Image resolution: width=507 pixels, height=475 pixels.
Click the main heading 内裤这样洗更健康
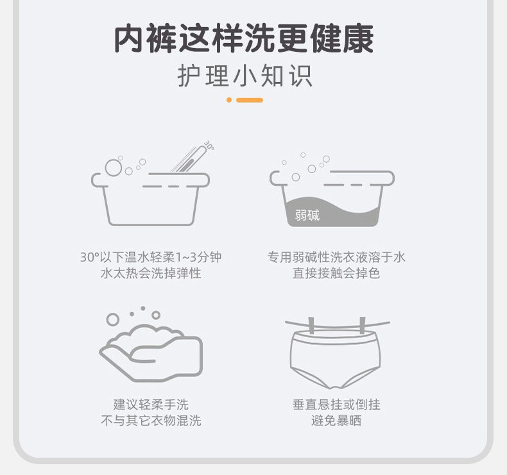[244, 38]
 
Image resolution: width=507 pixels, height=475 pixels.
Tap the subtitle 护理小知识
[245, 76]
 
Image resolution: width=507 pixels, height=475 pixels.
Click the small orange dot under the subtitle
[229, 100]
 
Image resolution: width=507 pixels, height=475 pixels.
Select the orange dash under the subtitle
[250, 100]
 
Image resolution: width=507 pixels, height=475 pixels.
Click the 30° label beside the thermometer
[209, 146]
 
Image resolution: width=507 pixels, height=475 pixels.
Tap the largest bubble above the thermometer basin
[114, 167]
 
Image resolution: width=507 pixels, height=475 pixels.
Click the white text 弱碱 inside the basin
[307, 215]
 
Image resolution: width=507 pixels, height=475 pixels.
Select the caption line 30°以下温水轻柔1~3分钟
[151, 257]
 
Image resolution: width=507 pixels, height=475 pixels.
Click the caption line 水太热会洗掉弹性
[151, 273]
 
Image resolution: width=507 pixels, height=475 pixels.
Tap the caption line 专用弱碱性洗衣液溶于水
[336, 257]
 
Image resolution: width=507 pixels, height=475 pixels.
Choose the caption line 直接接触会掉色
[336, 273]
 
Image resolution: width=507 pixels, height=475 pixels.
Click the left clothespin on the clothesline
[311, 325]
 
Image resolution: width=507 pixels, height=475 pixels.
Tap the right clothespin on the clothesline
[363, 325]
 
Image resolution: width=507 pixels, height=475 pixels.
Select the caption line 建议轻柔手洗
[151, 404]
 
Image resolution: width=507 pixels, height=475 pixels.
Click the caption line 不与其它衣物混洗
[151, 421]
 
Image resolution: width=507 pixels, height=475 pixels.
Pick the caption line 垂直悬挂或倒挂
[336, 404]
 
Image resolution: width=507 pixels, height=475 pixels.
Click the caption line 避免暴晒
[336, 421]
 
